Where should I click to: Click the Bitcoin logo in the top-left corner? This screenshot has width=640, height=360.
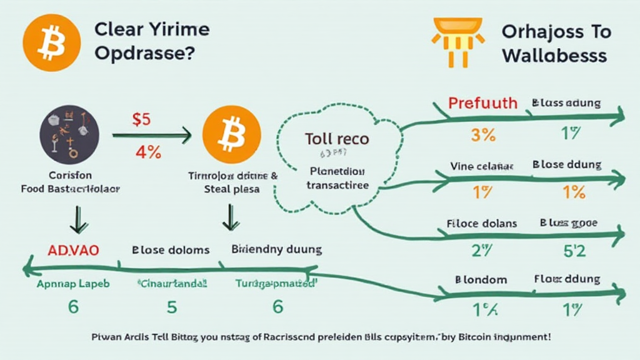(x=51, y=42)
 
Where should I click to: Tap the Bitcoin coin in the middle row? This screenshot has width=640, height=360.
(x=232, y=135)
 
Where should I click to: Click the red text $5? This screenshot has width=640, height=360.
(x=141, y=119)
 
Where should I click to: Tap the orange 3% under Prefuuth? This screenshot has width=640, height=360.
(x=482, y=134)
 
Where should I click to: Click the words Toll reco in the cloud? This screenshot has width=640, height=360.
(x=337, y=139)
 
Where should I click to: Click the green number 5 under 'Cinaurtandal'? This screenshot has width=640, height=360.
(x=171, y=307)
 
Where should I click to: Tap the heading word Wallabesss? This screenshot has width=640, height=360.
(x=554, y=56)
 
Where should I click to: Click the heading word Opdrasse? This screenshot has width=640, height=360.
(x=143, y=54)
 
